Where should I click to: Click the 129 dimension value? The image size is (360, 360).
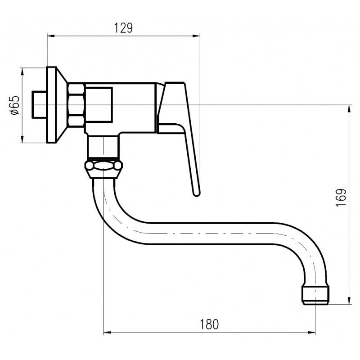123,28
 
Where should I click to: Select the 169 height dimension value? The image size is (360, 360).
341,198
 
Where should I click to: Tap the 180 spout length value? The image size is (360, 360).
209,324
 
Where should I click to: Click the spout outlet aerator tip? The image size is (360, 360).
315,295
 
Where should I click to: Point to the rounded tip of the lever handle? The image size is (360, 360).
196,193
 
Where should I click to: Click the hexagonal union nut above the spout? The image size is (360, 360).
103,167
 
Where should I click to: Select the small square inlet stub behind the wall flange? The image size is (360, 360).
39,105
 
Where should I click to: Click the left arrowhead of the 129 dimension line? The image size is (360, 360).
51,36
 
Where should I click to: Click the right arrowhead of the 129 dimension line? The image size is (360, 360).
196,36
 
